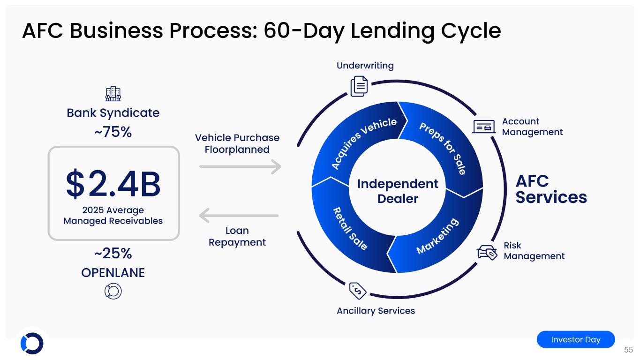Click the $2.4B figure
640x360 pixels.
(x=113, y=185)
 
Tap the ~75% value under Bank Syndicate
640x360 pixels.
(x=113, y=132)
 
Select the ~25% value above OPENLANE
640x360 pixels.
(x=113, y=254)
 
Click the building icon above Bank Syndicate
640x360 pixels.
(x=113, y=94)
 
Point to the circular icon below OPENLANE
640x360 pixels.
(x=113, y=291)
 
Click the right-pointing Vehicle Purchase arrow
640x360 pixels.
(x=240, y=166)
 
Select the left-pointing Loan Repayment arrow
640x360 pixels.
(x=239, y=216)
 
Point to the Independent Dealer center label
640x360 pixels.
(x=398, y=191)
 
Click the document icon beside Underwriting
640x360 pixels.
(x=359, y=87)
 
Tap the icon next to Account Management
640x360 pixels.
(x=484, y=127)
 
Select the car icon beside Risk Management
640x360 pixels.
(x=487, y=252)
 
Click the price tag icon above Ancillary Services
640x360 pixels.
(x=358, y=291)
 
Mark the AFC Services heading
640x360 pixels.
(x=551, y=189)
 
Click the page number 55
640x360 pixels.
(x=628, y=350)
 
